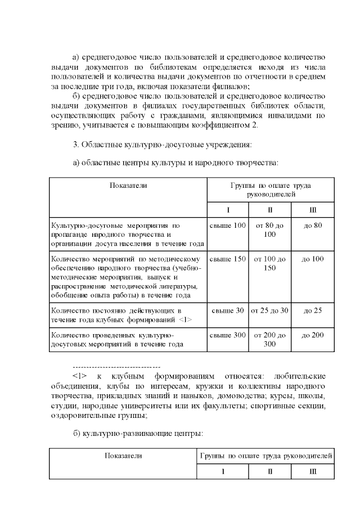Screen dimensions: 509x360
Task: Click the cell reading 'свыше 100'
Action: coord(228,226)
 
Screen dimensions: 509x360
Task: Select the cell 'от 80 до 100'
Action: coord(270,229)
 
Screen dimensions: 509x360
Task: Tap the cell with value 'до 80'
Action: coord(312,226)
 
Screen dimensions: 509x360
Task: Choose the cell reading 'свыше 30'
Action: coord(228,310)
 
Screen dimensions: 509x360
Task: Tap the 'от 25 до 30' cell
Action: coord(270,310)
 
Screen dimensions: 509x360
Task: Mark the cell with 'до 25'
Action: coord(312,310)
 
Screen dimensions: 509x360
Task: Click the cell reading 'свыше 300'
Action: coord(228,335)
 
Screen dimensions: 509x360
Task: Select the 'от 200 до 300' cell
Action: coord(270,339)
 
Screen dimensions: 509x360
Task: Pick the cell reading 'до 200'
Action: coord(312,335)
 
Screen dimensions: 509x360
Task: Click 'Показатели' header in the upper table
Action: coord(128,185)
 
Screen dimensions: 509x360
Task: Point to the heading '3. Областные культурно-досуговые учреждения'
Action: coord(163,144)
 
